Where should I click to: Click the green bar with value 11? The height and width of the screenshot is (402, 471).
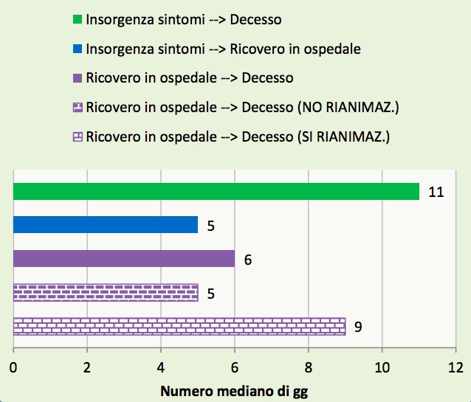click(x=216, y=191)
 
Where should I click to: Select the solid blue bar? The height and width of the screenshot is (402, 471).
click(x=106, y=224)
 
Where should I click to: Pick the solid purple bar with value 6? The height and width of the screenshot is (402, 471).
click(x=124, y=259)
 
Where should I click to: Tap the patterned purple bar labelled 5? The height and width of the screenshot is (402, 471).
click(x=106, y=293)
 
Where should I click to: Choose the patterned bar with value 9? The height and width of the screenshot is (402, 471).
click(x=179, y=326)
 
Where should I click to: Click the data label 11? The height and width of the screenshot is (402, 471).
click(x=436, y=192)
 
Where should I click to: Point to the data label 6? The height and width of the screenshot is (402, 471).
click(x=248, y=260)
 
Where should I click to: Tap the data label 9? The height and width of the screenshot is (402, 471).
click(x=358, y=326)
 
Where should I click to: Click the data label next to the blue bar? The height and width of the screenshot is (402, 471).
click(x=210, y=226)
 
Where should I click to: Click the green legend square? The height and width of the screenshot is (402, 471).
click(x=78, y=19)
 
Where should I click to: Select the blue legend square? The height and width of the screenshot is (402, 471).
click(x=78, y=49)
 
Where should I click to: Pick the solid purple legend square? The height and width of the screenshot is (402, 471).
click(x=78, y=77)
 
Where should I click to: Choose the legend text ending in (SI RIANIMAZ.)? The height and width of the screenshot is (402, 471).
click(x=238, y=136)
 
